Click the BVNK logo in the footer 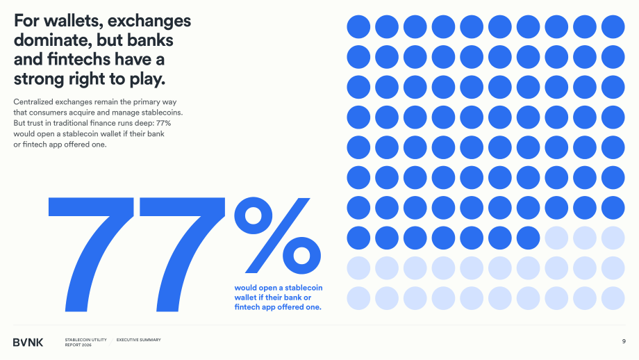coord(28,343)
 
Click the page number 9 coord(624,341)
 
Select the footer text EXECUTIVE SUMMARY coord(138,340)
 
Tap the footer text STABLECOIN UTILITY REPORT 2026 coord(85,342)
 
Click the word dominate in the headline coord(53,40)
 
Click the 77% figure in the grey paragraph coord(163,123)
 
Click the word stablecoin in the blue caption coord(304,288)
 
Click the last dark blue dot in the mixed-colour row coord(528,238)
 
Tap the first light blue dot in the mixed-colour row coord(556,238)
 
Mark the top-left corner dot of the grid coord(358,27)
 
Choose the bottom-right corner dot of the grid coord(613,298)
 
